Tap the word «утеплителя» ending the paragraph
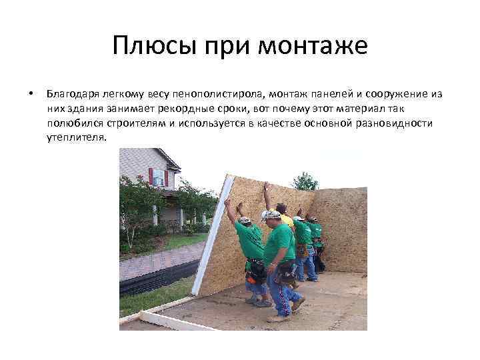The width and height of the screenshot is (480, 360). (76, 137)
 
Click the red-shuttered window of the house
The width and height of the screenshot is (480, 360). (159, 177)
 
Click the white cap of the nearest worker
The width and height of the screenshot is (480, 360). (270, 215)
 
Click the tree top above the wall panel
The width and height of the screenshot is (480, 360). (305, 181)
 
